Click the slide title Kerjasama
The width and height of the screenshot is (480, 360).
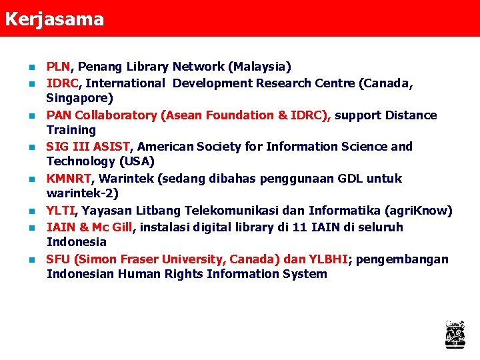click(54, 19)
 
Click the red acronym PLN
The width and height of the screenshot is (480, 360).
click(58, 67)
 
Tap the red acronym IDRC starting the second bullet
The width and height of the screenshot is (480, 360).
click(63, 83)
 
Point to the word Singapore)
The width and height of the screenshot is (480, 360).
click(79, 98)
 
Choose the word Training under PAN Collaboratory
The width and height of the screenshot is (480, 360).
click(71, 130)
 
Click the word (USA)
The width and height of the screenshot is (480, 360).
click(137, 161)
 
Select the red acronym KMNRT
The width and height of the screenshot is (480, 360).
click(69, 179)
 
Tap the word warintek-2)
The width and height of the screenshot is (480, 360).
click(82, 193)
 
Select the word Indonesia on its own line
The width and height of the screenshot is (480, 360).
click(76, 242)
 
